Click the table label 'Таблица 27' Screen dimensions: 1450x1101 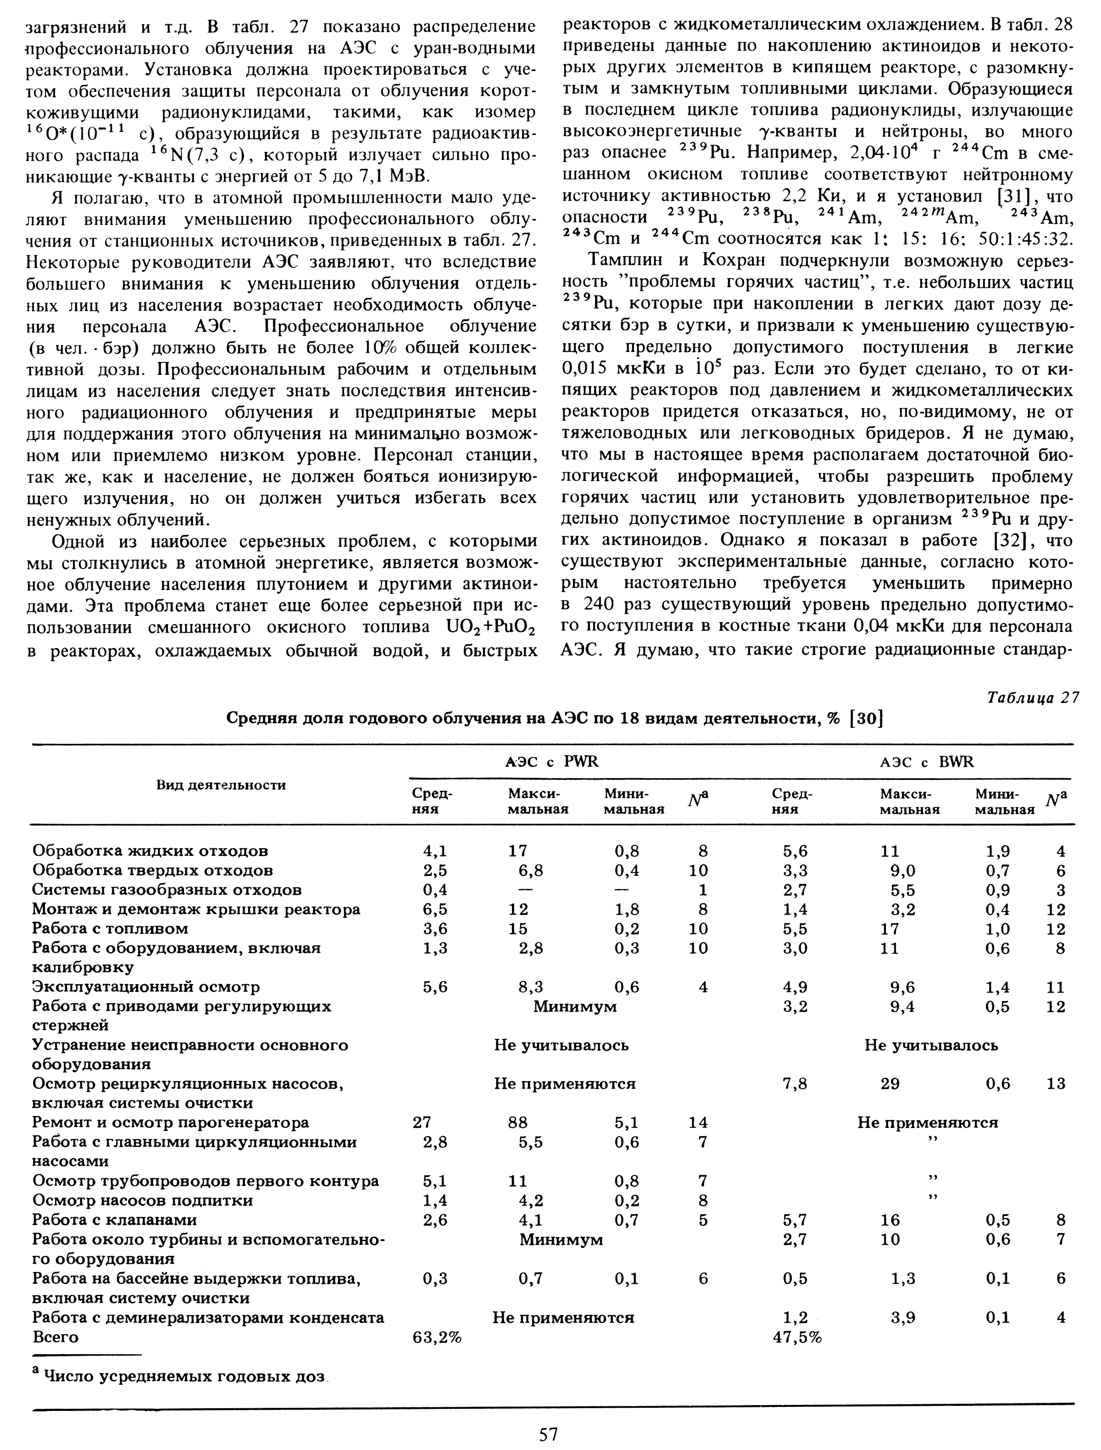(1032, 697)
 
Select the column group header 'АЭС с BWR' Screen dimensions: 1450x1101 (926, 762)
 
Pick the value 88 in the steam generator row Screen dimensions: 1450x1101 (518, 1122)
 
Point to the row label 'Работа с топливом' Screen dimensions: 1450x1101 (110, 928)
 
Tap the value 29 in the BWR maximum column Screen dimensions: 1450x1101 (890, 1083)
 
